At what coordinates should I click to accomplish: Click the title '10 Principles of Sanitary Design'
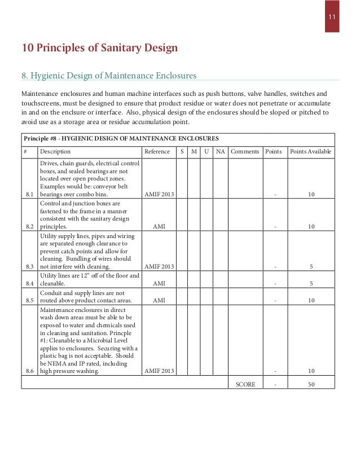click(99, 48)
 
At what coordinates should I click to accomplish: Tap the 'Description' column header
click(55, 152)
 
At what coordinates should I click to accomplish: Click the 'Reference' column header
click(157, 152)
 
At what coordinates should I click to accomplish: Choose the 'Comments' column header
click(245, 152)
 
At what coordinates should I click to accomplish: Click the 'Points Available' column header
click(311, 152)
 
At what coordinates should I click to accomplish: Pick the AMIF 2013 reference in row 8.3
click(159, 267)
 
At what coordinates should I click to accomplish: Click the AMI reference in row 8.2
click(159, 226)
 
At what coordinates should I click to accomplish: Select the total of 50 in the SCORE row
click(311, 384)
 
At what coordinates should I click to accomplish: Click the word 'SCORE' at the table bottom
click(245, 384)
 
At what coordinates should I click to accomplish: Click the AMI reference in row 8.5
click(159, 300)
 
